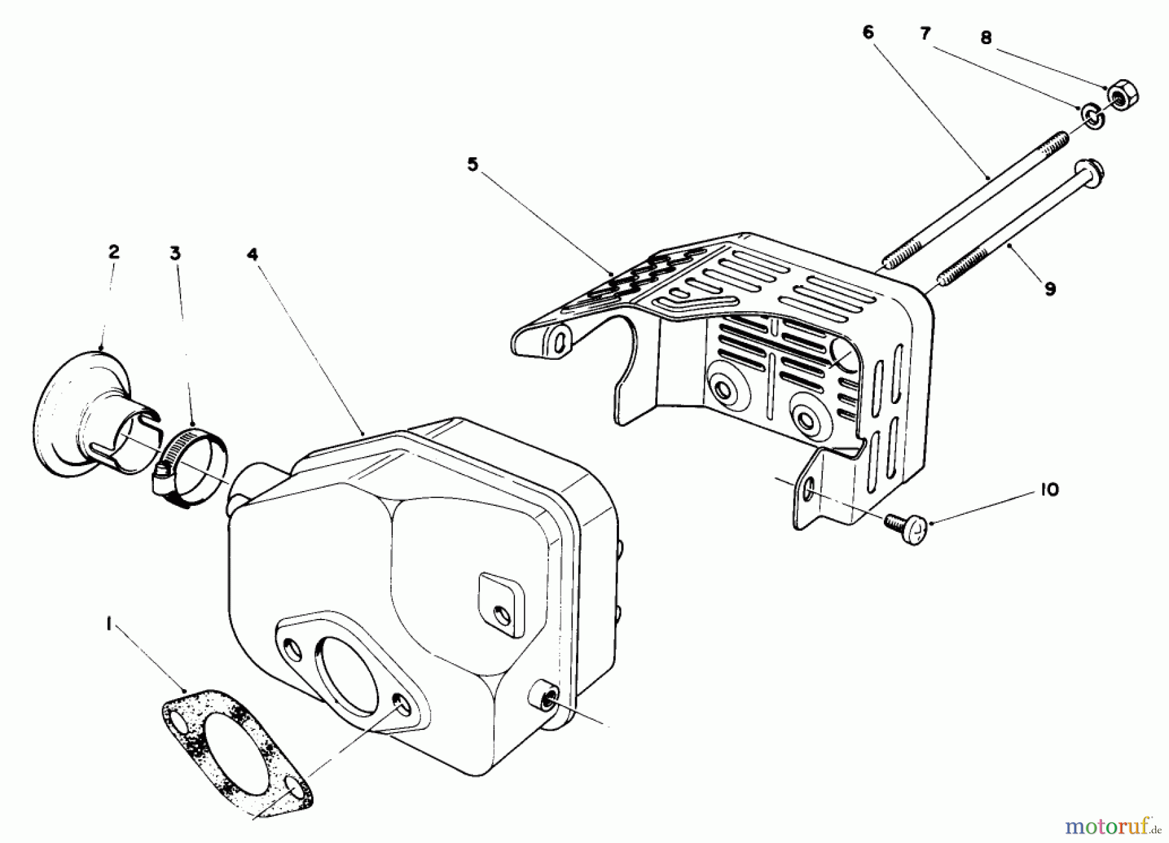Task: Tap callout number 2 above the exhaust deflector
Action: click(114, 252)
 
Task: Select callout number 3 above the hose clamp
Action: click(175, 254)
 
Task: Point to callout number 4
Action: click(252, 255)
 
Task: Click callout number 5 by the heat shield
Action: click(472, 165)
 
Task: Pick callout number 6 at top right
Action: click(868, 32)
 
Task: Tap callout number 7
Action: click(925, 34)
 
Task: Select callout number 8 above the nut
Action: click(986, 38)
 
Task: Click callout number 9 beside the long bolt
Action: click(1050, 288)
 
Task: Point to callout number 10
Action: click(1050, 490)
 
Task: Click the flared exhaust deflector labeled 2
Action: click(91, 416)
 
